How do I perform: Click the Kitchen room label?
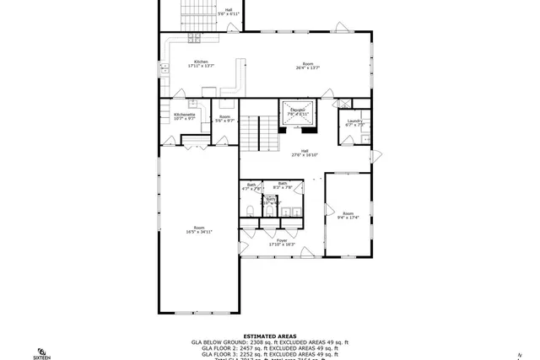(x=201, y=63)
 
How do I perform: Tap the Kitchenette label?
(x=185, y=116)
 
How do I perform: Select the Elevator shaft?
(x=298, y=117)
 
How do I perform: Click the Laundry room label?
(x=354, y=123)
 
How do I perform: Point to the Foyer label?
(x=282, y=242)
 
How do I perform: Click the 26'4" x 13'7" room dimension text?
(x=309, y=67)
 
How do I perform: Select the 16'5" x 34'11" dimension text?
(x=200, y=231)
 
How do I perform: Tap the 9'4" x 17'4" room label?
(x=348, y=216)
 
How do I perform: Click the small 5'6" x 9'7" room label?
(x=224, y=119)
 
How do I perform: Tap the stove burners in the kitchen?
(x=195, y=37)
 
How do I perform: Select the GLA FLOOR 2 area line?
(x=269, y=347)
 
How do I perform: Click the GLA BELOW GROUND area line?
(x=269, y=341)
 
